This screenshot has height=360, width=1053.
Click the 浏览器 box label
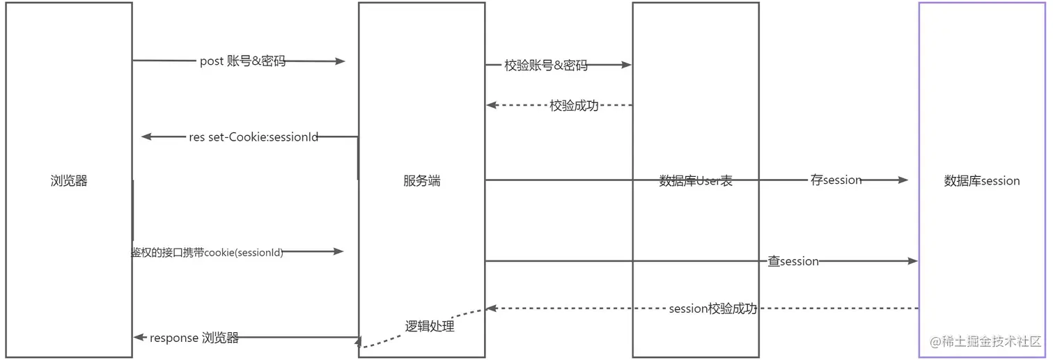point(69,181)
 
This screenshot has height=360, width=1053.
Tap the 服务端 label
point(421,181)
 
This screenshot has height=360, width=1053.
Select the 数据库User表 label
point(696,181)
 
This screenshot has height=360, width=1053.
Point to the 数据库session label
point(982,181)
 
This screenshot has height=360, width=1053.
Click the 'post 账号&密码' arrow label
point(242,61)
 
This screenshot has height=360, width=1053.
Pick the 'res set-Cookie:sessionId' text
point(253,137)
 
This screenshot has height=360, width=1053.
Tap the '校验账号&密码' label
point(546,65)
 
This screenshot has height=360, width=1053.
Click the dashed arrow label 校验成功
point(574,106)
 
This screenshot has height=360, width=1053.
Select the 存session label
point(836,180)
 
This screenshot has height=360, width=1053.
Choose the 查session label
point(793,261)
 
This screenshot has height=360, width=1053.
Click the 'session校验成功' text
point(712,308)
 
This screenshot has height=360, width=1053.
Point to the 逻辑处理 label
point(430,326)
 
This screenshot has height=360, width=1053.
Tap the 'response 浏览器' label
point(194,338)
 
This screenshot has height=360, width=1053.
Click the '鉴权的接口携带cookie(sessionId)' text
point(208,252)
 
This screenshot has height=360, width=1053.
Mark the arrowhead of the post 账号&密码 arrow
point(341,61)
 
